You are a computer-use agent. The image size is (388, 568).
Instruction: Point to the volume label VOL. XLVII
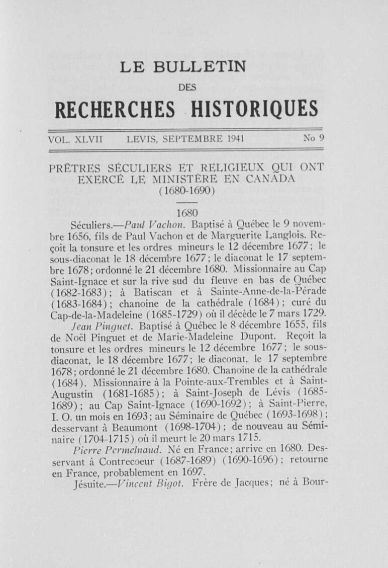(75, 138)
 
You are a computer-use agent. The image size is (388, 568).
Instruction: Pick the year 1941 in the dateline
(235, 138)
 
